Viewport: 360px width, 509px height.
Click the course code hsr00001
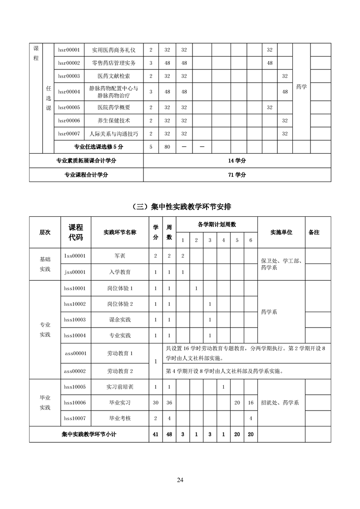coord(69,49)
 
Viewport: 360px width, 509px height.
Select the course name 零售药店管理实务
coord(113,63)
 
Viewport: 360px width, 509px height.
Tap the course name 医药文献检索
coord(113,76)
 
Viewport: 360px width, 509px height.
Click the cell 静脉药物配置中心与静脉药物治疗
coord(113,92)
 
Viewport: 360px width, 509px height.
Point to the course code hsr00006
coord(69,121)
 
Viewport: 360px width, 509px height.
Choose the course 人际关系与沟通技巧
coord(113,134)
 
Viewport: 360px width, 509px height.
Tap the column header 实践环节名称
coord(120,232)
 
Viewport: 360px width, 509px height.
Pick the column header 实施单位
coord(281,232)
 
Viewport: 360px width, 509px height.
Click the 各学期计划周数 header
coord(217,225)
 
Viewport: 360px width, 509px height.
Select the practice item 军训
coord(120,256)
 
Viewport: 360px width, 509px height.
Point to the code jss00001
coord(75,272)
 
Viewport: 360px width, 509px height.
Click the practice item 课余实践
coord(120,320)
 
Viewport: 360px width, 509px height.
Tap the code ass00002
coord(75,371)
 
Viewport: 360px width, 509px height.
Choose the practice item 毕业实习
coord(120,402)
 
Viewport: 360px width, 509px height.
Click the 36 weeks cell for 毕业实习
coord(169,402)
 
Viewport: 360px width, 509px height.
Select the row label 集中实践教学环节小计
coord(89,434)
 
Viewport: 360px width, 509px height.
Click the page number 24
coord(180,480)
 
